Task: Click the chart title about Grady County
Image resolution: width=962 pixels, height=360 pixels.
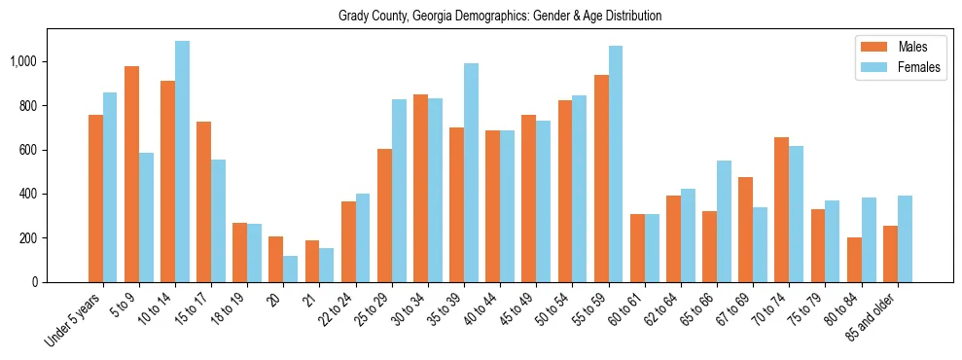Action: pos(500,17)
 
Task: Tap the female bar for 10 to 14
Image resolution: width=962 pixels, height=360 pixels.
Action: pos(182,162)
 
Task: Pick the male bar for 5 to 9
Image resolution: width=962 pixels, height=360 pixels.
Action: pos(131,174)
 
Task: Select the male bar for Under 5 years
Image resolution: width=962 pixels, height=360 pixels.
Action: pos(95,198)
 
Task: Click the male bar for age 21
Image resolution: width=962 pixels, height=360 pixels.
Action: pos(312,261)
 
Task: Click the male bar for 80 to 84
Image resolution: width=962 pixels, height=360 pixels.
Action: pos(854,260)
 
